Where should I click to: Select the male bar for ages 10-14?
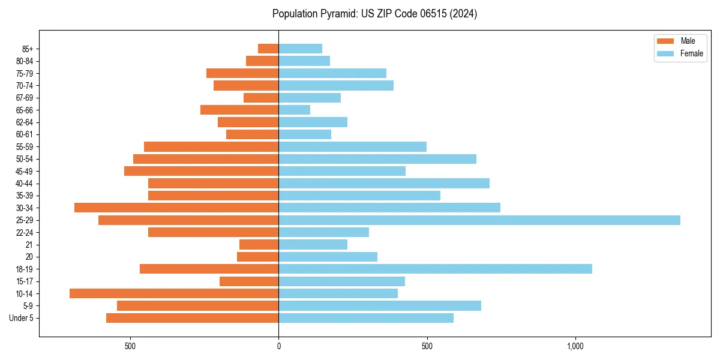click(x=174, y=293)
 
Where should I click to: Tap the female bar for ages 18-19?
click(x=435, y=269)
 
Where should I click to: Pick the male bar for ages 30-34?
click(x=176, y=208)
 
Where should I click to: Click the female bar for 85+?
click(x=300, y=49)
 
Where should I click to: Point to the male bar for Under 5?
click(x=192, y=318)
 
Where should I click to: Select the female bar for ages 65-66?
click(x=294, y=110)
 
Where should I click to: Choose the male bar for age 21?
click(x=259, y=245)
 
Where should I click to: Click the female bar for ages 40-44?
click(x=384, y=183)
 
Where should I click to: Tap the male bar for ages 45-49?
click(x=201, y=171)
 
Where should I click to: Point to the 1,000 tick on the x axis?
click(x=575, y=346)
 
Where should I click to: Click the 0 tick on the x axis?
click(x=278, y=346)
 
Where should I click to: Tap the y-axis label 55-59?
click(x=24, y=147)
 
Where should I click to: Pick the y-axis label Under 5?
click(x=22, y=318)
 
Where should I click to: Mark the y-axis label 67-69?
click(x=24, y=98)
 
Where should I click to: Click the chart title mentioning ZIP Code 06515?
click(x=374, y=14)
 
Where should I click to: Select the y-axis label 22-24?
click(x=24, y=233)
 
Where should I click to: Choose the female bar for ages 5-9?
click(x=380, y=305)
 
